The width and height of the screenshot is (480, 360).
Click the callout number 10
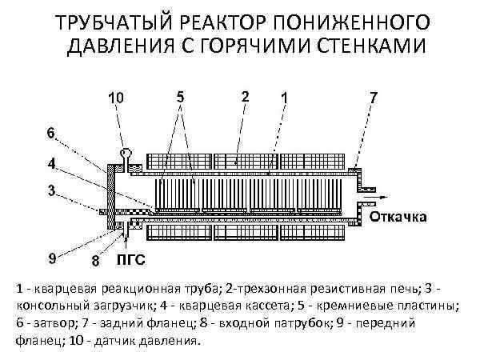(116, 99)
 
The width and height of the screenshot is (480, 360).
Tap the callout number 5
(181, 96)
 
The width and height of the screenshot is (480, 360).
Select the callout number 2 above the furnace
(244, 96)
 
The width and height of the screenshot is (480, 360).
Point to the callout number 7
(373, 97)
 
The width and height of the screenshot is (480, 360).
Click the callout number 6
(50, 132)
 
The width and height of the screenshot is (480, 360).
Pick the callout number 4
(50, 163)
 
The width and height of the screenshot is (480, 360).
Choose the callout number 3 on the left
(50, 191)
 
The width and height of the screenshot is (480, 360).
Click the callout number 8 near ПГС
(95, 260)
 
